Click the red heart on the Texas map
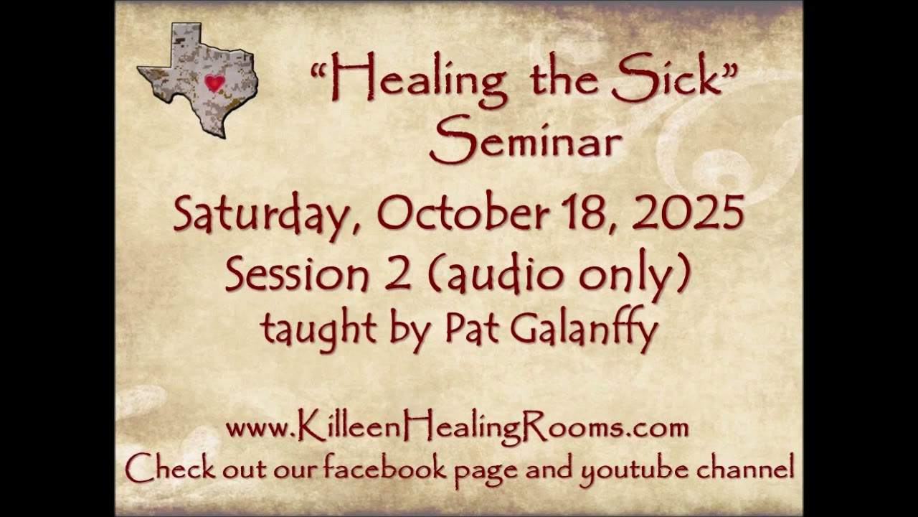coord(214,83)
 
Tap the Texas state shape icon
coord(198,80)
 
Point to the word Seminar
coord(525,139)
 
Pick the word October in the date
coord(463,213)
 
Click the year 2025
coord(688,213)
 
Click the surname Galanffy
coord(584,330)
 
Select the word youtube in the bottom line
coord(634,470)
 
